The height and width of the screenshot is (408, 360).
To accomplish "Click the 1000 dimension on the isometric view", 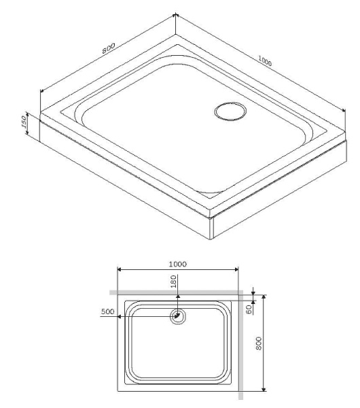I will pyautogui.click(x=264, y=62).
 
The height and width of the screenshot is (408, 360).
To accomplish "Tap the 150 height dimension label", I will pyautogui.click(x=24, y=122).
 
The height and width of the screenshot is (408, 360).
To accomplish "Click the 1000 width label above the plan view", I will pyautogui.click(x=177, y=263).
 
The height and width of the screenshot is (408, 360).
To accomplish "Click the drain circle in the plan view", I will pyautogui.click(x=178, y=316).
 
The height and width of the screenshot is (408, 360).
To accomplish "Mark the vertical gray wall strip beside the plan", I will pyautogui.click(x=242, y=347).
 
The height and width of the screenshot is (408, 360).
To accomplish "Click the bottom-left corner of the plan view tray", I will pyautogui.click(x=118, y=392).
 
